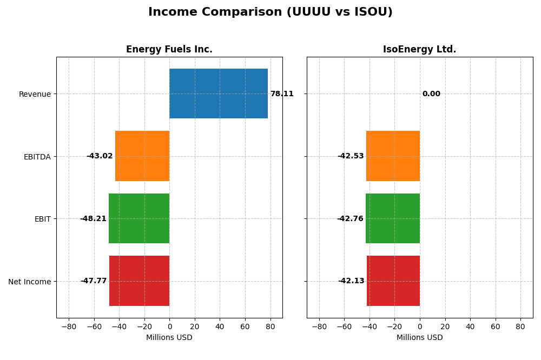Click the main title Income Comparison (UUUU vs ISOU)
270,12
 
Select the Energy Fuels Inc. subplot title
169,49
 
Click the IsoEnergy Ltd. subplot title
419,49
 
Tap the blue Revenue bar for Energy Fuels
219,94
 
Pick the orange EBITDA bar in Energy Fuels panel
142,156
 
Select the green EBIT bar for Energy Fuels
139,218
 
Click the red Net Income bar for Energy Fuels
140,281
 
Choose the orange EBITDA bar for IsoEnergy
393,156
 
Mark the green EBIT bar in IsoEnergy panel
393,218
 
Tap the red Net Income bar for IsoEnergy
393,281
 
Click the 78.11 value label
282,94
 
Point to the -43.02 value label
100,156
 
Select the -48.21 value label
93,219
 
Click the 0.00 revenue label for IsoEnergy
431,94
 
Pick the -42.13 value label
351,281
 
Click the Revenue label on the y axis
35,94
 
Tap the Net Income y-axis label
30,282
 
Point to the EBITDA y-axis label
37,157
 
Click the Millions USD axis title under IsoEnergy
419,337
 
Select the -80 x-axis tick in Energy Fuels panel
69,326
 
